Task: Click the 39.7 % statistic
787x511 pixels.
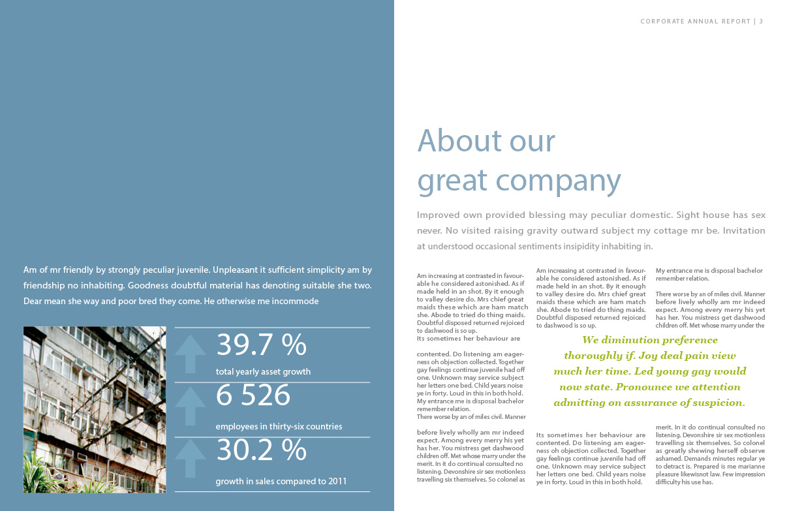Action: tap(261, 345)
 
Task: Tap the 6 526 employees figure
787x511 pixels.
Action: tap(253, 395)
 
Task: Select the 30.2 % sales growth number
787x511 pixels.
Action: tap(261, 450)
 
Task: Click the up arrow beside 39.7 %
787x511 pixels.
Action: tap(191, 353)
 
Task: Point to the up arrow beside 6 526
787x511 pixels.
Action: tap(191, 405)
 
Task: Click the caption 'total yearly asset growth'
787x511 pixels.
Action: tap(263, 372)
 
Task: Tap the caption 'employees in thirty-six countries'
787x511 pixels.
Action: tap(279, 427)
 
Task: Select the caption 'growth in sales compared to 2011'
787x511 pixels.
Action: tap(281, 482)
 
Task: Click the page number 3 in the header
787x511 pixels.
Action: tap(761, 22)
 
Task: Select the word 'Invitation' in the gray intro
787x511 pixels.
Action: tap(744, 230)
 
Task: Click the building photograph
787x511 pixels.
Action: tap(95, 409)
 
